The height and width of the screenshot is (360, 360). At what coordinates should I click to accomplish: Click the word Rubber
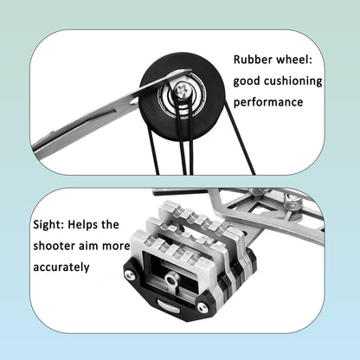(x=253, y=60)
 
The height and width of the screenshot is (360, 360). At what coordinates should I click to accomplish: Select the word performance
(x=268, y=102)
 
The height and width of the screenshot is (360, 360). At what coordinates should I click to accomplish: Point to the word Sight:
(x=48, y=225)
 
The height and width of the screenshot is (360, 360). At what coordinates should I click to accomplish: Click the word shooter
(x=55, y=246)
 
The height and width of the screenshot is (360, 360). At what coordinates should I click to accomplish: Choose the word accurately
(x=61, y=267)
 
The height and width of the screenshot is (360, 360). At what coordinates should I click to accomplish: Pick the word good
(x=247, y=81)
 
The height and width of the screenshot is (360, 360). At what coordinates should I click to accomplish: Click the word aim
(x=89, y=246)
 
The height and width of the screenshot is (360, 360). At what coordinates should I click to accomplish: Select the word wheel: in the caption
(x=294, y=60)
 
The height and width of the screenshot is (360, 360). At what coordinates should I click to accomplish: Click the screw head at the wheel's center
(x=182, y=89)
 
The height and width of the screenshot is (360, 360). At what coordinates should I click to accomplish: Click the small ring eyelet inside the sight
(x=171, y=280)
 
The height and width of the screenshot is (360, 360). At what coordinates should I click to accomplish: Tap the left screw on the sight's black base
(x=132, y=276)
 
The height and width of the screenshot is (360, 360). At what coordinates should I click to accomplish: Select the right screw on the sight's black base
(x=202, y=308)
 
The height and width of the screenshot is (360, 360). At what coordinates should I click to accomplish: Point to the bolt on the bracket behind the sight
(x=292, y=202)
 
